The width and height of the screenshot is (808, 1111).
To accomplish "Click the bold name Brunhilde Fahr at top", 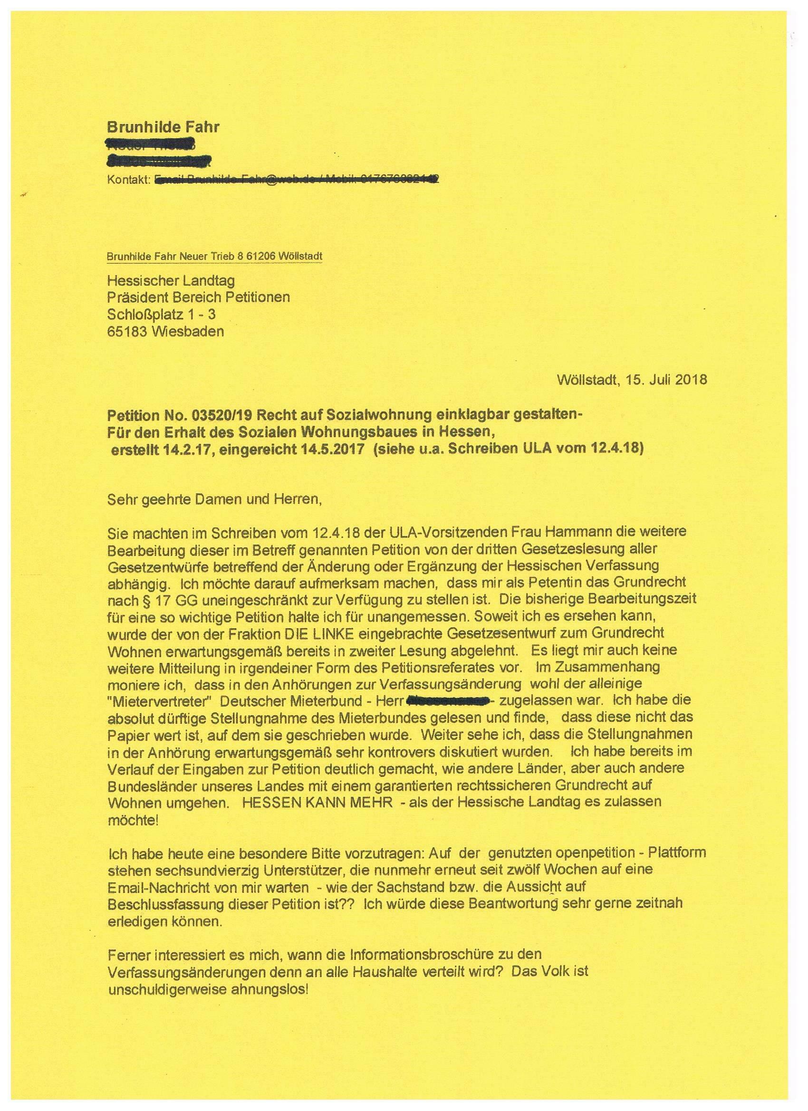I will click(x=163, y=127).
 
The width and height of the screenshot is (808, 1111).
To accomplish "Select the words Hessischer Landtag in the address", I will click(x=171, y=281).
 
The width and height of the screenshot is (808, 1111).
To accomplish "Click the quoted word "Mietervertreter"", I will click(x=159, y=701).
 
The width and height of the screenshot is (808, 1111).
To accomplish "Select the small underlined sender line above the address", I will click(x=215, y=256).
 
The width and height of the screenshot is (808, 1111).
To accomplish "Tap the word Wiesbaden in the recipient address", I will click(x=188, y=331).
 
